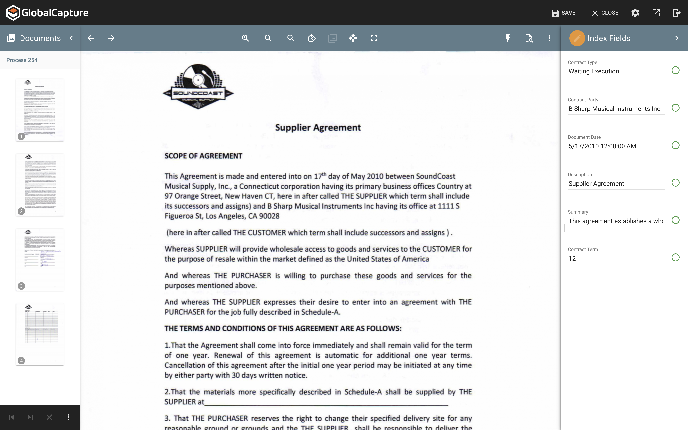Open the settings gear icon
(x=635, y=13)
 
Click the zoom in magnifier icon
(x=245, y=38)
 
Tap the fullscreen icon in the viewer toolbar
(x=374, y=38)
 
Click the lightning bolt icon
(x=508, y=38)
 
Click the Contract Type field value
(x=594, y=71)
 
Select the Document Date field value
(x=602, y=146)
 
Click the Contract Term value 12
(x=572, y=259)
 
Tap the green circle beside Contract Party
(x=675, y=108)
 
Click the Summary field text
(x=616, y=221)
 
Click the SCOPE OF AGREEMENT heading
(x=203, y=156)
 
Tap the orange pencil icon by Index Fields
(x=577, y=38)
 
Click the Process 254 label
(x=22, y=60)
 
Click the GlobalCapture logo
(x=47, y=13)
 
